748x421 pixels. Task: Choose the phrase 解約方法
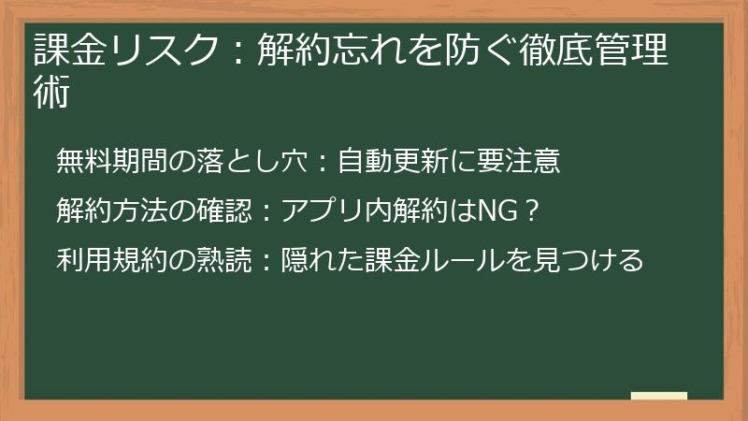(107, 211)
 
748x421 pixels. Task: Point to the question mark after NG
(530, 211)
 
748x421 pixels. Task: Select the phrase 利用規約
(107, 260)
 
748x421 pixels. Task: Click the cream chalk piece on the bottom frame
(659, 397)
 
